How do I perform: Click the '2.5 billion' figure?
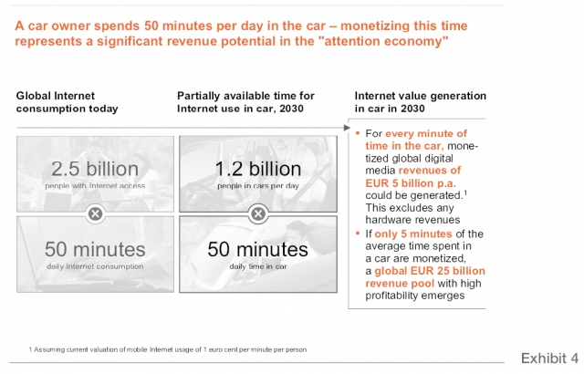coord(95,169)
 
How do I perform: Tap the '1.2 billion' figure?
coord(258,169)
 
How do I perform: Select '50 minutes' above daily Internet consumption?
coord(95,249)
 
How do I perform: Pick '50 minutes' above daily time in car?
coord(257,249)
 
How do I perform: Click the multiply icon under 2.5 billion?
coord(95,214)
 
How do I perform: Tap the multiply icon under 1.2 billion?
coord(258,214)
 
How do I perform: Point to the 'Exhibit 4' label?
coord(549,358)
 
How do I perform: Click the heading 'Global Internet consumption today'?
coord(67,102)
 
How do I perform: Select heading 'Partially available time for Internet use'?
coord(245,102)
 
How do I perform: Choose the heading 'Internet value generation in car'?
coord(420,102)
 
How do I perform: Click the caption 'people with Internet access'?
coord(95,186)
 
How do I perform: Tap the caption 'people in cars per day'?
coord(258,186)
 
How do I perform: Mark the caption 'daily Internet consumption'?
coord(95,266)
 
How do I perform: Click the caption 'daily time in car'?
coord(258,266)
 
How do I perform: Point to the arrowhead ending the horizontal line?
coord(347,128)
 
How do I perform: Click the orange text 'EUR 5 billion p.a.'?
coord(411,183)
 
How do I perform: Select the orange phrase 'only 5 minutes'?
coord(413,234)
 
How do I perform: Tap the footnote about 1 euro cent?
coord(168,349)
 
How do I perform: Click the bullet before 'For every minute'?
coord(358,132)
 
